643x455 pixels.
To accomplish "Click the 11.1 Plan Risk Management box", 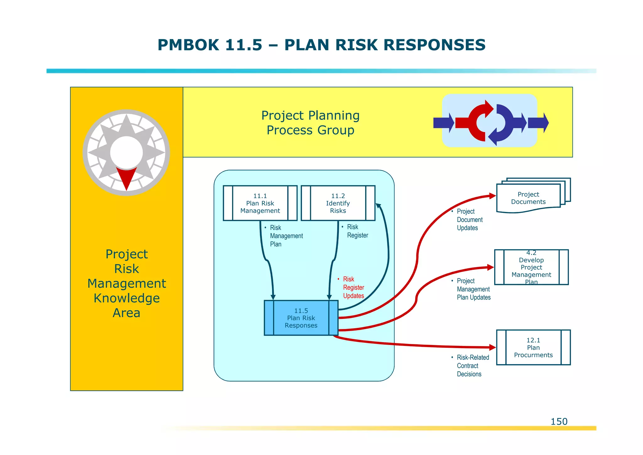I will click(x=260, y=203).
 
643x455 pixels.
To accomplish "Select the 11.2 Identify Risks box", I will click(x=338, y=203).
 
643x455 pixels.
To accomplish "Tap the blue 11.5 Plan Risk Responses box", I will click(x=301, y=318).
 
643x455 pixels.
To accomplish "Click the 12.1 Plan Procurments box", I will click(x=533, y=347).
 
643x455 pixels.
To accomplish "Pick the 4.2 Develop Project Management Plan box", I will click(x=531, y=267).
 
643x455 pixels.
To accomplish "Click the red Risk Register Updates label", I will click(x=353, y=287).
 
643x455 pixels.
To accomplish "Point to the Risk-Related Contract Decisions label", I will click(x=473, y=366).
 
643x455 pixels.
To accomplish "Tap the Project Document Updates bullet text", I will click(x=469, y=219).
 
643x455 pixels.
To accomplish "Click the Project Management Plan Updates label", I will click(x=473, y=289).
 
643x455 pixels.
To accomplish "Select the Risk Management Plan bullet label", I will click(x=286, y=236).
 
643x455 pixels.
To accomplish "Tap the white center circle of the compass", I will click(x=126, y=153).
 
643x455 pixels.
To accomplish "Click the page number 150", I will click(x=559, y=421).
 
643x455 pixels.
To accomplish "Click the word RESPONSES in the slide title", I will click(x=435, y=45).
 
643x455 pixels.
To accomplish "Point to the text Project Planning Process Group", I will click(x=310, y=123).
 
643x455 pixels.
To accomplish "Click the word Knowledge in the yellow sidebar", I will click(x=127, y=298).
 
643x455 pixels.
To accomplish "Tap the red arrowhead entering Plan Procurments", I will click(x=492, y=347).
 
